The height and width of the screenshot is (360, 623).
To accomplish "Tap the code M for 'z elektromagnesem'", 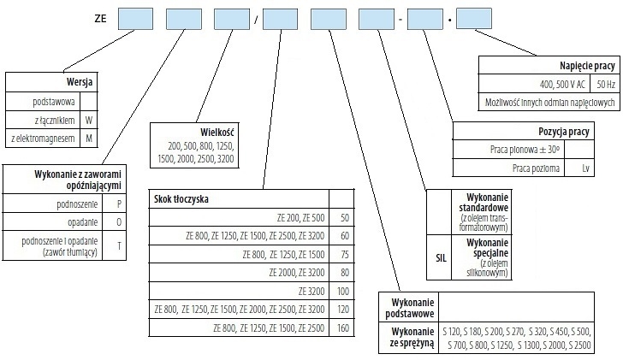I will click(x=88, y=138).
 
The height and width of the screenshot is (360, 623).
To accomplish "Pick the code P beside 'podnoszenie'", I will click(x=118, y=204).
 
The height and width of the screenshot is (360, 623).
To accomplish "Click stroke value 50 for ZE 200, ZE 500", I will click(x=344, y=217).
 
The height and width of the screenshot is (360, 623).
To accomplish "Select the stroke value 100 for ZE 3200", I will click(x=344, y=291).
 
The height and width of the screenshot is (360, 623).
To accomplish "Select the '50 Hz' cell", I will click(x=604, y=84).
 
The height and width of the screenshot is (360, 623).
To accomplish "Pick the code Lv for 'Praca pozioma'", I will click(x=586, y=168).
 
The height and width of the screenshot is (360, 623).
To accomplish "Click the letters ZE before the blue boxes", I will click(x=101, y=18).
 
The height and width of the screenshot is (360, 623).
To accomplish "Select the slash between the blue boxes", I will click(x=254, y=19).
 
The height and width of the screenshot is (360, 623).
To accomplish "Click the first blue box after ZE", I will click(x=134, y=18).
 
